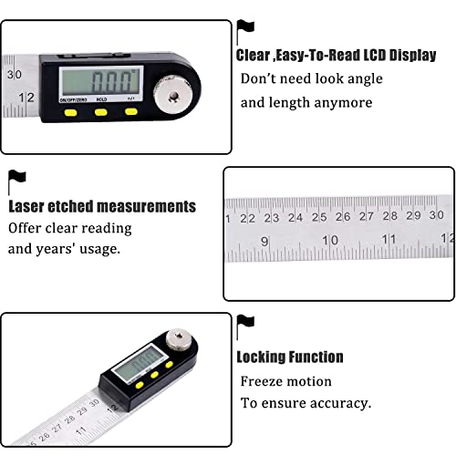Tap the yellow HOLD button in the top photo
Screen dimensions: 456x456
pyautogui.click(x=99, y=112)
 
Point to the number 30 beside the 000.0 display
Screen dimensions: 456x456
pyautogui.click(x=14, y=75)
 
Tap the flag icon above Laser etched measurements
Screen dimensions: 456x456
pyautogui.click(x=17, y=179)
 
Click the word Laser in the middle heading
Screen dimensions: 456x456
pyautogui.click(x=27, y=207)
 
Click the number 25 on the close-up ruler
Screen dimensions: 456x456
pyautogui.click(x=318, y=217)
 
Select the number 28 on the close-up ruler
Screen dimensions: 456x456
pyautogui.click(x=389, y=216)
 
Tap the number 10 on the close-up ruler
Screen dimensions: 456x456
pyautogui.click(x=331, y=241)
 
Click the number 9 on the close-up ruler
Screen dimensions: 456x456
pyautogui.click(x=264, y=242)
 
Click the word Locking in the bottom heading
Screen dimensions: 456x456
pyautogui.click(x=264, y=357)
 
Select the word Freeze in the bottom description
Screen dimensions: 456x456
pyautogui.click(x=261, y=381)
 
